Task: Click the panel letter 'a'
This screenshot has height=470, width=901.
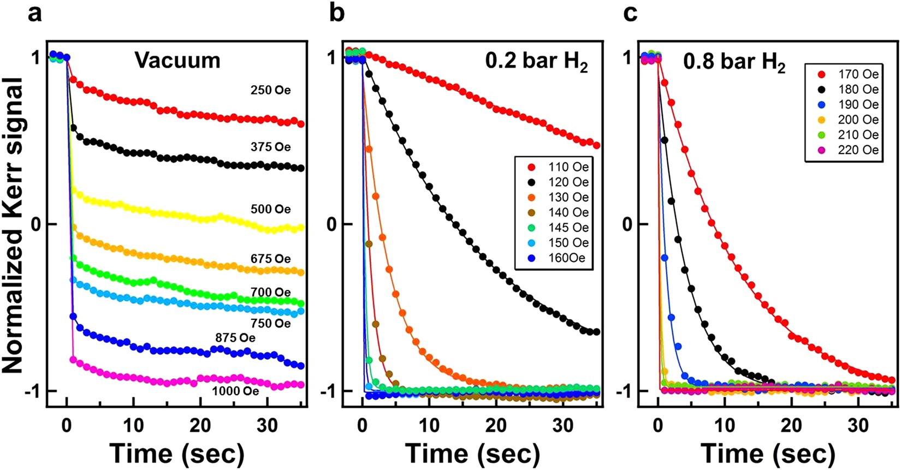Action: coord(34,13)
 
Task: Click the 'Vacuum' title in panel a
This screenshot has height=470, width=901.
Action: coord(177,60)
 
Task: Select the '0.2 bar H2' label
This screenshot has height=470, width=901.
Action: coord(537,62)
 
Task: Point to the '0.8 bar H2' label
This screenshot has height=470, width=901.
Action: coord(734,63)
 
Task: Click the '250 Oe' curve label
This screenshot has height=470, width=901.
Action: coord(270,90)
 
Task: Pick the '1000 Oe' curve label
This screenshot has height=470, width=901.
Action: coord(235,391)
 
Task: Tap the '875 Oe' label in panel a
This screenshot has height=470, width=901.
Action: coord(235,338)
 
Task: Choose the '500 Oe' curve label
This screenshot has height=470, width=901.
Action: coord(270,209)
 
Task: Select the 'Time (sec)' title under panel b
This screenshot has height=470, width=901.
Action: coord(472,454)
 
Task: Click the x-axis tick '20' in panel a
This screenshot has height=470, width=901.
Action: coord(200,425)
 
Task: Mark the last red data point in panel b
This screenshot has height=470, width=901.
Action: coord(596,146)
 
